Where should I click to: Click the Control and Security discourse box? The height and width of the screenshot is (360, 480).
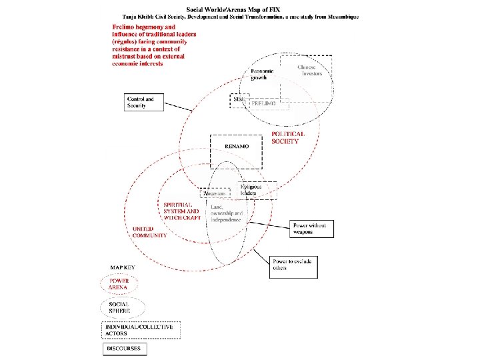pyautogui.click(x=143, y=102)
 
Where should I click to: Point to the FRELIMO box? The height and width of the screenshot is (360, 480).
pyautogui.click(x=268, y=105)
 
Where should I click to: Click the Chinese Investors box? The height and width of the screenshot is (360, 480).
pyautogui.click(x=305, y=71)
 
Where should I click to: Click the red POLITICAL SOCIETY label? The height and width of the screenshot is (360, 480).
pyautogui.click(x=288, y=137)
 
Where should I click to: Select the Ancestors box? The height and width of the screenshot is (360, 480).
pyautogui.click(x=215, y=193)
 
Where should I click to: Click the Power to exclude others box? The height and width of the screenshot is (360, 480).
pyautogui.click(x=294, y=267)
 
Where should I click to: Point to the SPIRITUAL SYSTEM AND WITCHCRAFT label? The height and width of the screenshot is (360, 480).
pyautogui.click(x=181, y=211)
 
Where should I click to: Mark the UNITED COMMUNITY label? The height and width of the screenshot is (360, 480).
pyautogui.click(x=149, y=232)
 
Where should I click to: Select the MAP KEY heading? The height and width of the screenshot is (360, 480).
pyautogui.click(x=122, y=268)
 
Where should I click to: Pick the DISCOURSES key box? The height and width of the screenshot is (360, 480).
pyautogui.click(x=125, y=349)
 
